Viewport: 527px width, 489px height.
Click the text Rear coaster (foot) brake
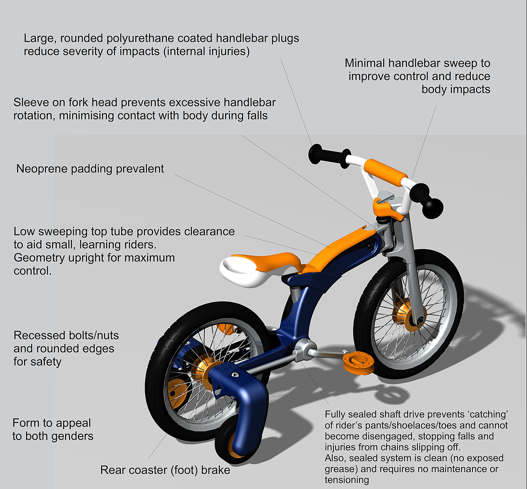click(165, 470)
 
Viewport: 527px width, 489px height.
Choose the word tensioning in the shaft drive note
click(347, 480)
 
